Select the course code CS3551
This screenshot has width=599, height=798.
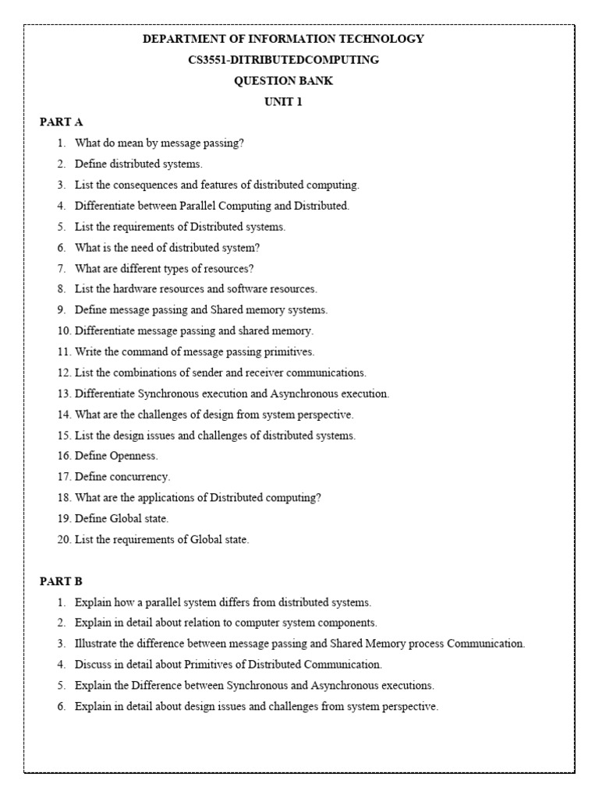click(206, 59)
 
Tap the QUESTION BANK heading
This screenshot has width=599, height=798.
click(283, 80)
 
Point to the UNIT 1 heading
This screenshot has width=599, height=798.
click(283, 101)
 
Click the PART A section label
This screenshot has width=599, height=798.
click(61, 122)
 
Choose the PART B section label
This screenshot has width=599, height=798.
click(61, 581)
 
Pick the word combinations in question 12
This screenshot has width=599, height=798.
click(149, 373)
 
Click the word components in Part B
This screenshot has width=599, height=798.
click(346, 623)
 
